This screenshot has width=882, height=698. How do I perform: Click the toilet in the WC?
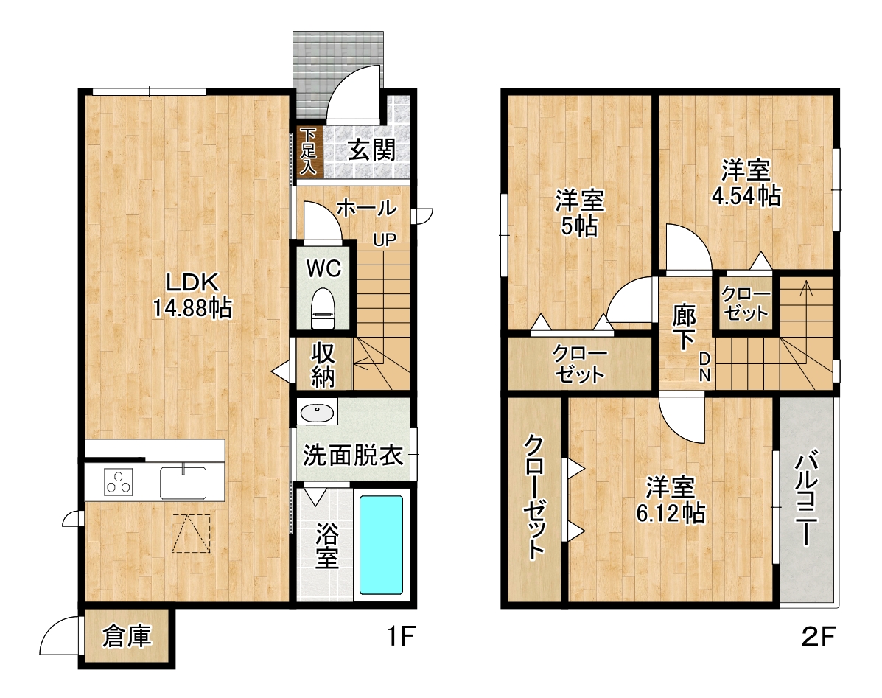pos(323,308)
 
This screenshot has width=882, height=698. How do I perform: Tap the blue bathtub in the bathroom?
pos(382,545)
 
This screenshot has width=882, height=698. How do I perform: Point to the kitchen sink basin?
pos(183,483)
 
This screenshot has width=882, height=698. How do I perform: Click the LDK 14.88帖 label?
pos(192,295)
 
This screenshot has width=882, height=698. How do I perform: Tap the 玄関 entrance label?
pos(371,150)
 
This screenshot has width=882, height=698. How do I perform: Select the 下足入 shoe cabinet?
pos(308,151)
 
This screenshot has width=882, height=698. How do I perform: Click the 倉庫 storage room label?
pos(127,636)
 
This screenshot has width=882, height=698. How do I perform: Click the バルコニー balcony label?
pos(806,498)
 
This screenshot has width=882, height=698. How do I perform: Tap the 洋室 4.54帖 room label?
pos(746,183)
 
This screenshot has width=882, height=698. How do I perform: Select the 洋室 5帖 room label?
pos(579,213)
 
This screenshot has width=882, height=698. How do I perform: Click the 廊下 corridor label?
pos(684,327)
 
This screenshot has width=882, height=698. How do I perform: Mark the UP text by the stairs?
pos(385,240)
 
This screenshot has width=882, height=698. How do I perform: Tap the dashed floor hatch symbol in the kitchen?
pos(191,534)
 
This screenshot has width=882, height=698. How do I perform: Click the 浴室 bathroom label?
pos(327,546)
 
